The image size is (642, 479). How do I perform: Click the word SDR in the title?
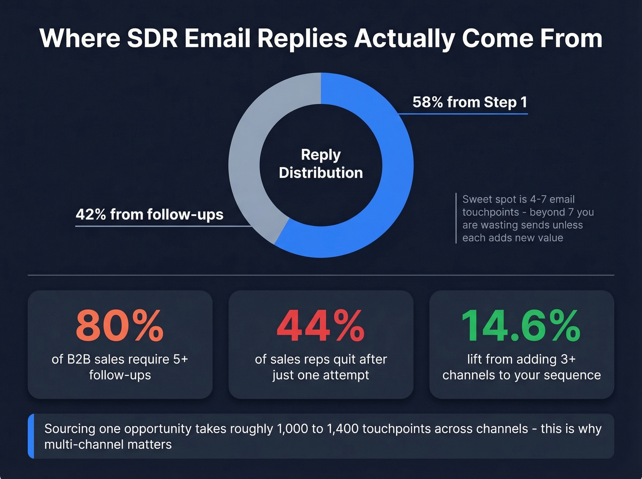click(x=152, y=38)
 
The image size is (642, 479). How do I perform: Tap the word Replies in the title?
click(x=302, y=38)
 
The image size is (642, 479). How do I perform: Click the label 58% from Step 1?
click(x=470, y=102)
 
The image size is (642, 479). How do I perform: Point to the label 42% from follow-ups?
click(x=149, y=214)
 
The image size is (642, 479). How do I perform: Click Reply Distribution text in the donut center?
click(x=321, y=164)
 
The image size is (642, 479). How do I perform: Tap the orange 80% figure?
click(x=120, y=326)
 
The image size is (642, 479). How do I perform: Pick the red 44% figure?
click(x=321, y=326)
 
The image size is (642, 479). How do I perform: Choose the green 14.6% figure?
click(x=521, y=326)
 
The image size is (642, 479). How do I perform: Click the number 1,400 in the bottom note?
click(x=343, y=429)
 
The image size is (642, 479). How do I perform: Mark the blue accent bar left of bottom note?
click(x=31, y=436)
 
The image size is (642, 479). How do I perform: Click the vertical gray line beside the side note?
click(x=456, y=218)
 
